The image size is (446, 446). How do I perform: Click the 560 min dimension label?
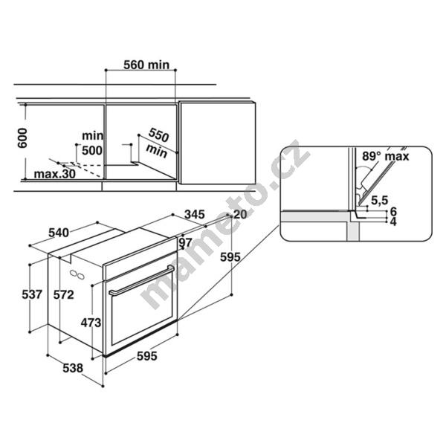point(146,65)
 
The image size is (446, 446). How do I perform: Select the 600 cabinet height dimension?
point(22,138)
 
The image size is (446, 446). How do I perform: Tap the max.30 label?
point(54,173)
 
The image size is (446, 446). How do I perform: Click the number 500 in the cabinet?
point(92,150)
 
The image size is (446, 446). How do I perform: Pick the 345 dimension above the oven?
point(194,214)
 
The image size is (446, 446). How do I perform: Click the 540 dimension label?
point(59,233)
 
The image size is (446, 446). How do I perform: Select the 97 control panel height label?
point(186,242)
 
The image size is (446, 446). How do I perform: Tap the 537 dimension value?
point(32,294)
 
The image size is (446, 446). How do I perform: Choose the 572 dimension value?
point(64,294)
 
